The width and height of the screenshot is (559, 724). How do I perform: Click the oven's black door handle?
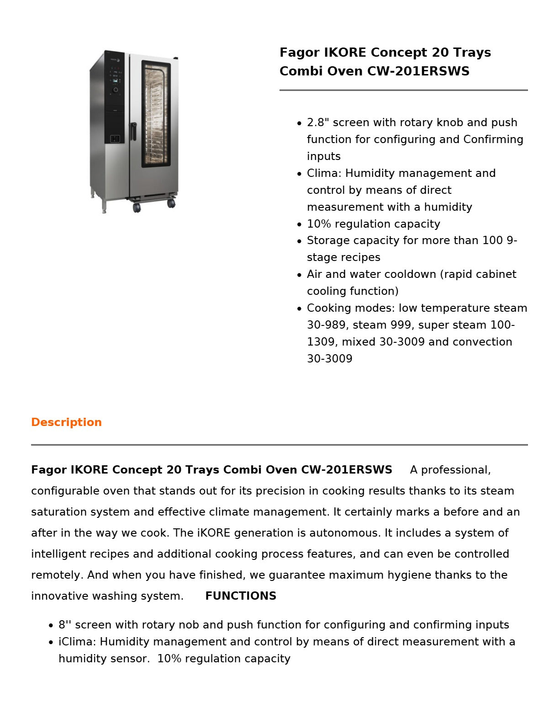133,131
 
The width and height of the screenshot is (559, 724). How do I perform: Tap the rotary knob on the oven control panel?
116,90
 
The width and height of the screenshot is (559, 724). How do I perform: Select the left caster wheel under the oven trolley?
137,208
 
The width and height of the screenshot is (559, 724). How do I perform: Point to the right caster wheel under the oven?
171,203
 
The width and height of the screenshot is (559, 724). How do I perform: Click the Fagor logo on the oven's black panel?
115,60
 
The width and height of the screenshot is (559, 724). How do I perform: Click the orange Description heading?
66,422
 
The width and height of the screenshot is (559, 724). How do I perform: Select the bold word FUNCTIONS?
241,596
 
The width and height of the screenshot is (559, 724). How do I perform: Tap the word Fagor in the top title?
299,53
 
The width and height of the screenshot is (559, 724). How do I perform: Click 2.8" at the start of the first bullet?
318,122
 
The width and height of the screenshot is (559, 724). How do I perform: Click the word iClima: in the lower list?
77,642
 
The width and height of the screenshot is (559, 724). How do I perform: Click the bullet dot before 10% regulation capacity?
299,224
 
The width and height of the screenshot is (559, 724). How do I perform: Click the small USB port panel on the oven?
115,138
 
